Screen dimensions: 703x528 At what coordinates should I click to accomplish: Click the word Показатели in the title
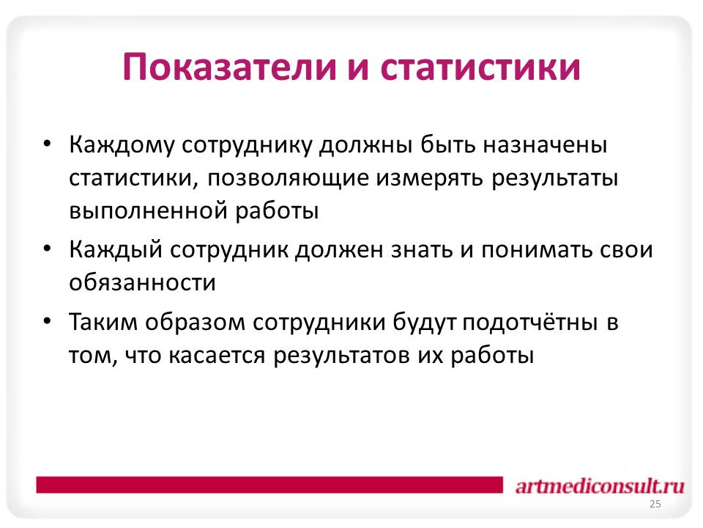[229, 67]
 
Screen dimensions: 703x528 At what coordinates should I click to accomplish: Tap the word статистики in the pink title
[480, 67]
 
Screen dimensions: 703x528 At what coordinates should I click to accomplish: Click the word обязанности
[142, 282]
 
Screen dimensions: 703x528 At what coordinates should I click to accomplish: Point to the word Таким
[103, 323]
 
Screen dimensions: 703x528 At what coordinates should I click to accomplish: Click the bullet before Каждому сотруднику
[47, 144]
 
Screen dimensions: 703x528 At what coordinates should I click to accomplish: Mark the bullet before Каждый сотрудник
[47, 249]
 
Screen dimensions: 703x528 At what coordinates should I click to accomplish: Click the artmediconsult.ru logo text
[600, 486]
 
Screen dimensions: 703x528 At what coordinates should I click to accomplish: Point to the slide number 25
[655, 505]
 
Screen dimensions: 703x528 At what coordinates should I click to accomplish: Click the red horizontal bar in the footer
[269, 485]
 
